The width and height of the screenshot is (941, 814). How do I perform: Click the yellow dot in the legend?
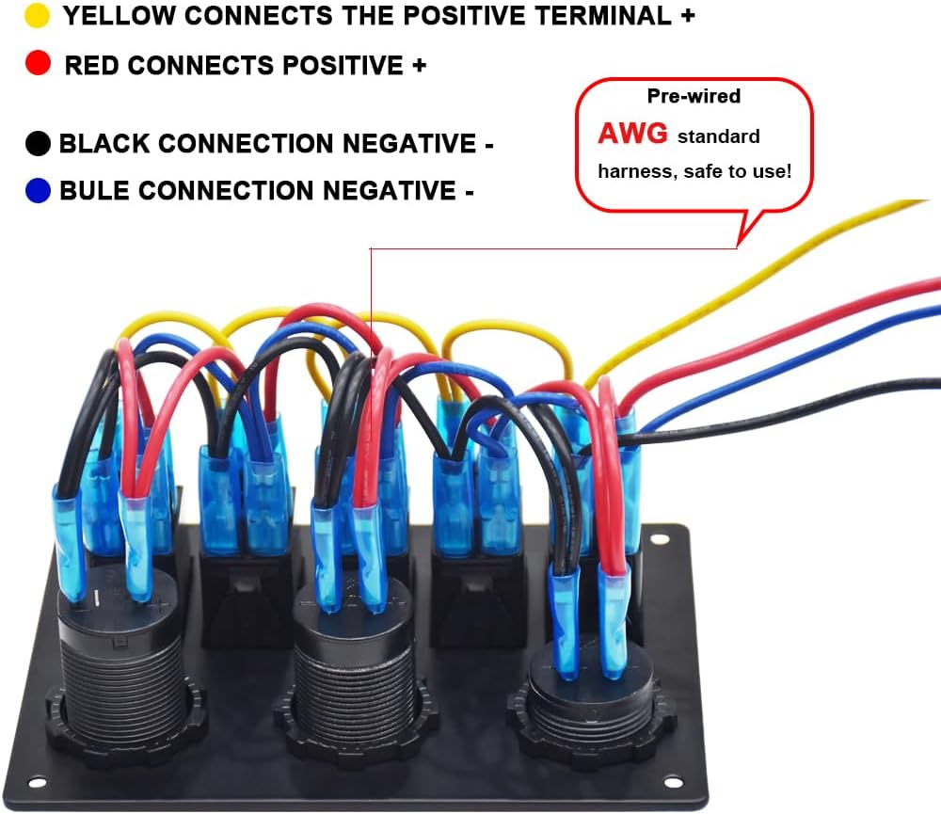[37, 16]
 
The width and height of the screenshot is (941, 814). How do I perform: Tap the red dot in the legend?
[38, 63]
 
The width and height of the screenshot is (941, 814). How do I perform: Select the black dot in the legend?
[38, 143]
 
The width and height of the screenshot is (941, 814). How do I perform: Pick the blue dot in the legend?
[38, 190]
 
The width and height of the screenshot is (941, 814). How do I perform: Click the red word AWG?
[632, 134]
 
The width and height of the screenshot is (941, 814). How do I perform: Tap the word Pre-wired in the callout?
[694, 96]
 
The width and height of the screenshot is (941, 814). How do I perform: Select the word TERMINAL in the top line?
[602, 16]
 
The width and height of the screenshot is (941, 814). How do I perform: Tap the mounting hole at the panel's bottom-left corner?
[37, 782]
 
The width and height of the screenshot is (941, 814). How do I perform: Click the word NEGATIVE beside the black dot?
[409, 144]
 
